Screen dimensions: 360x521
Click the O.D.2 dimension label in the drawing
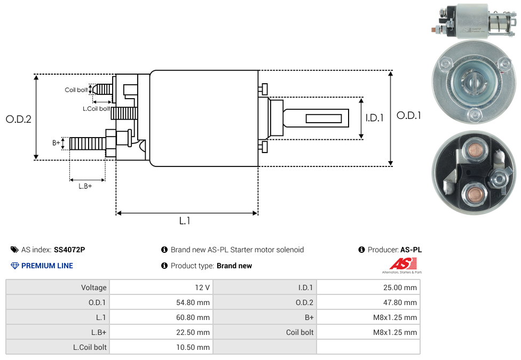click(19, 119)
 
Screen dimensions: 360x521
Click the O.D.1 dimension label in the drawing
click(408, 115)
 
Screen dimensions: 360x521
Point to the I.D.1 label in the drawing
click(374, 118)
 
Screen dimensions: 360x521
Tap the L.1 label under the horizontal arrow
click(185, 221)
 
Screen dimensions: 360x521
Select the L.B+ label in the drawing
click(85, 186)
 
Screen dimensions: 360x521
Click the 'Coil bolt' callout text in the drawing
click(76, 90)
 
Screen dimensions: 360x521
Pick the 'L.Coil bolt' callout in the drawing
click(96, 109)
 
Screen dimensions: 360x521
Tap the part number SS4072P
click(69, 250)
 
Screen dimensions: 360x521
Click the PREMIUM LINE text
click(47, 266)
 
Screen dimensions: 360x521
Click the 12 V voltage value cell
click(202, 287)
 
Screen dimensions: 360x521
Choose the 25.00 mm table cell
click(400, 287)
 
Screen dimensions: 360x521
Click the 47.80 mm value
click(400, 302)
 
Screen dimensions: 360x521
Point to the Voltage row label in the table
click(94, 287)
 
